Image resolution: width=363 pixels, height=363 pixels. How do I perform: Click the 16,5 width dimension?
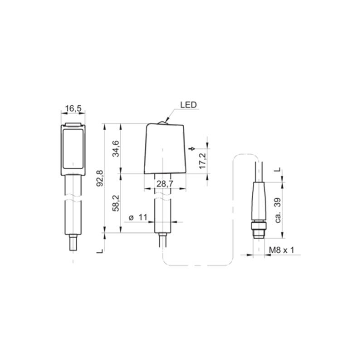click(x=73, y=108)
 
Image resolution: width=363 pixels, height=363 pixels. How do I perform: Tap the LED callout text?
click(x=188, y=105)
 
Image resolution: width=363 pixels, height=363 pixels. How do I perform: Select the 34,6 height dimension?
click(x=116, y=149)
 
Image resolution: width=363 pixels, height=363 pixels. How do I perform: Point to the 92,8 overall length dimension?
click(x=100, y=178)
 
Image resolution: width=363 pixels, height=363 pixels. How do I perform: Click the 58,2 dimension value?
click(x=116, y=203)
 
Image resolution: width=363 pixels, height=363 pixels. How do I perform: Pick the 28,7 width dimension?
click(x=165, y=184)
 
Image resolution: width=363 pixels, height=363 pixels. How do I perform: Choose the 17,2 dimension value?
click(x=202, y=161)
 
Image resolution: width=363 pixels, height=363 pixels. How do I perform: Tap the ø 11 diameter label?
click(x=138, y=217)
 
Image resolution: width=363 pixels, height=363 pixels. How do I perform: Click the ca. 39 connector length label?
click(x=278, y=210)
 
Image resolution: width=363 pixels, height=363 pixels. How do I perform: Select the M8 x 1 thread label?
click(x=281, y=250)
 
